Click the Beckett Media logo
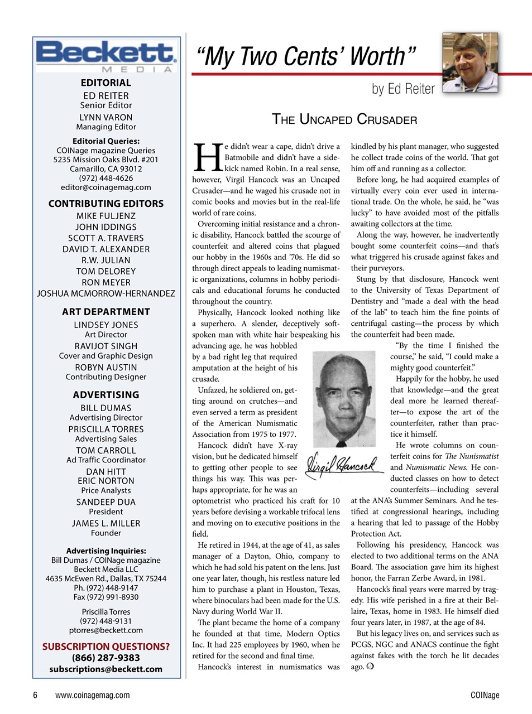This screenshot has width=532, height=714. pos(106,56)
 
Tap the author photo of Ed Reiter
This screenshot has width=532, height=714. pos(469,63)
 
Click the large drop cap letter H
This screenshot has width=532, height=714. pos(207,158)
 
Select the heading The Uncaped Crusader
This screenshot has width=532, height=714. pos(344,119)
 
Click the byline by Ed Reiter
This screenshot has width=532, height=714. pos(403,89)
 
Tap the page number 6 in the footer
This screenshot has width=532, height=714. pos(35,695)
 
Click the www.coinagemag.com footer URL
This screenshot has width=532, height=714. pos(93,695)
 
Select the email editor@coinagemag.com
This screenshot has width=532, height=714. pos(106,187)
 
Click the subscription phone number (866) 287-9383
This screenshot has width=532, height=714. pos(106,658)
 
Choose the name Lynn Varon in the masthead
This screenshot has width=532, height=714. pos(106,117)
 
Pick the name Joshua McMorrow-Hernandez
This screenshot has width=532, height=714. pos(106,293)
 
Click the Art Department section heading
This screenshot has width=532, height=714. pos(106,312)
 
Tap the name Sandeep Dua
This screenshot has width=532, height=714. pos(106,502)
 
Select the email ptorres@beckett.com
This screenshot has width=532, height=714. pos(106,630)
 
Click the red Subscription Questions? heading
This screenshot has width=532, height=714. pos(106,647)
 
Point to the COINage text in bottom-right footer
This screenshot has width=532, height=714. pos(485,695)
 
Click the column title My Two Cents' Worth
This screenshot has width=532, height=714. pos(305,56)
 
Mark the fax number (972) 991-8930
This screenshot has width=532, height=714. pos(106,597)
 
